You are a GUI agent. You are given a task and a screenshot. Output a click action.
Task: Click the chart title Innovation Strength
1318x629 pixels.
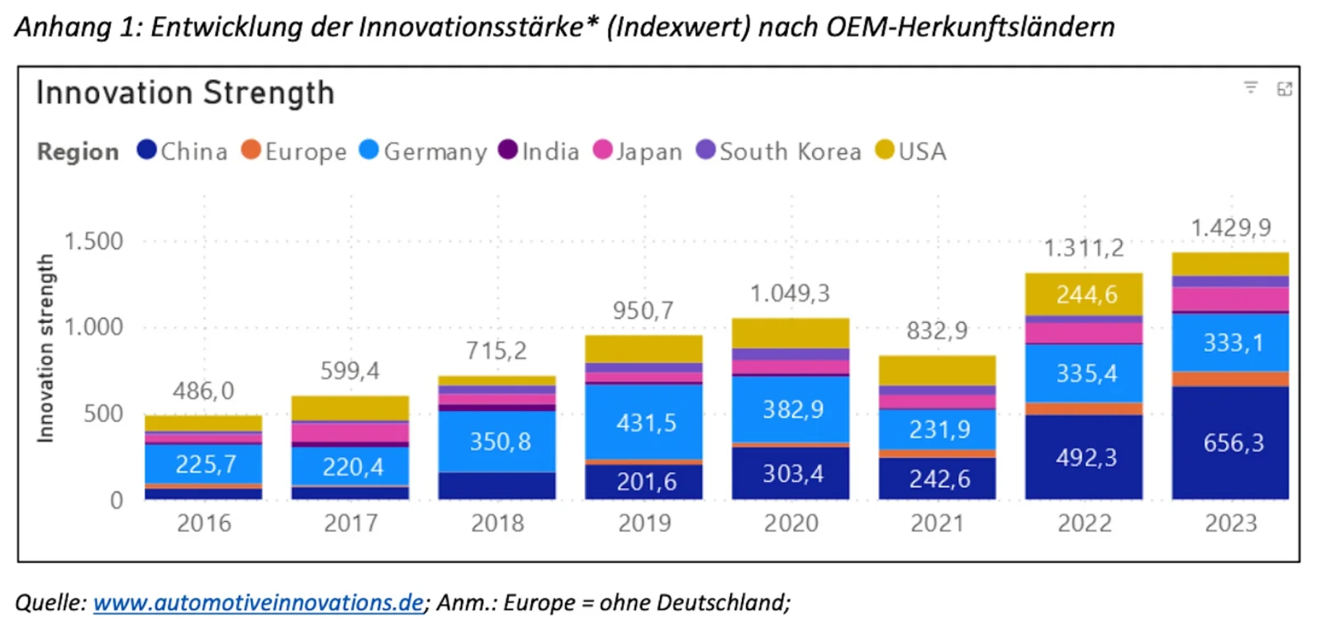coord(185,93)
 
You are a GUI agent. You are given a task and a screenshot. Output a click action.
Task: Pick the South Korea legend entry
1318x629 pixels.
coord(779,151)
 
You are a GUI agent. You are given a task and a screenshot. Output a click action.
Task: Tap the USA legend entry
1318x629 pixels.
coord(911,151)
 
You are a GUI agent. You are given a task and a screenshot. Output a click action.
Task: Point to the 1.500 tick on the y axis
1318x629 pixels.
coord(93,241)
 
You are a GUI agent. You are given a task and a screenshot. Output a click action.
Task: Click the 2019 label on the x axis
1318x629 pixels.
coord(644,523)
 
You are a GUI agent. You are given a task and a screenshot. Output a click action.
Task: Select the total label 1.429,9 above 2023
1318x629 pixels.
coord(1230,228)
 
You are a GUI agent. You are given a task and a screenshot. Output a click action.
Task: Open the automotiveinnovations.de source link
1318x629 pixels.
coord(258,602)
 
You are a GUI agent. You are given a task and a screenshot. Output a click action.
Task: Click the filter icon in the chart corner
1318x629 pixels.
coord(1251,88)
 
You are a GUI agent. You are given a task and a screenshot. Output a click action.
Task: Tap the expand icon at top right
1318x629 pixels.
coord(1285,89)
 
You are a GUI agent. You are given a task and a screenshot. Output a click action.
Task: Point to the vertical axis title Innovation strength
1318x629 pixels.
coord(46,347)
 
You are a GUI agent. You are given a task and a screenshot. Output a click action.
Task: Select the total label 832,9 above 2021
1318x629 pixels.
coord(937,331)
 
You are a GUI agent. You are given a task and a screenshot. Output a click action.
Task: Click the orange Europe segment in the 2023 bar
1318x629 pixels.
coord(1230,379)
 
